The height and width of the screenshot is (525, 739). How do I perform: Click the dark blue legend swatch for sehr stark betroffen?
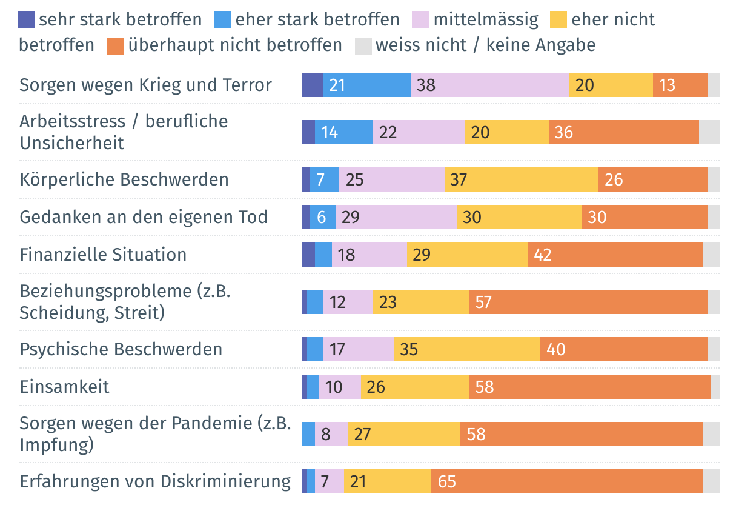(27, 19)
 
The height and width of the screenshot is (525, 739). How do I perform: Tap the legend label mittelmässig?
(486, 19)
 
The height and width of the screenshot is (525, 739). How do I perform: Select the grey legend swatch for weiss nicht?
(363, 45)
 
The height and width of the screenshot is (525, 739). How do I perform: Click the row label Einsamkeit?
(64, 387)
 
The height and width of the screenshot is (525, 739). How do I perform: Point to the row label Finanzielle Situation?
(103, 254)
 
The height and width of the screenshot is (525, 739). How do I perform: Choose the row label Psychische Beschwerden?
(121, 349)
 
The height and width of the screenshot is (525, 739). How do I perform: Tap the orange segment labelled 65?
(566, 481)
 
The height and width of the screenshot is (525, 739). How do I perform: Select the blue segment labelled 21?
(367, 85)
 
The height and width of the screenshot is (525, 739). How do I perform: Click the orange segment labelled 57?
(588, 302)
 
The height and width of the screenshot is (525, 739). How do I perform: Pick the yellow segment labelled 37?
(521, 179)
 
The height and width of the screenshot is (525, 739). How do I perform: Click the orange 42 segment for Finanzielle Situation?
(615, 254)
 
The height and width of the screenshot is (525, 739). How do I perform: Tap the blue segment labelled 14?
(344, 132)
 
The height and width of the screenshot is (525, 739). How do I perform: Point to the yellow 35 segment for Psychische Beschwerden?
(466, 349)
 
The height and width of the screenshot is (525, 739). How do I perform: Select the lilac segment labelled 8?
(331, 434)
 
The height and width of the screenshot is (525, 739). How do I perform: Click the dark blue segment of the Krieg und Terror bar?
(312, 85)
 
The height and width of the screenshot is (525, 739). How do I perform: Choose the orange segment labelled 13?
(680, 85)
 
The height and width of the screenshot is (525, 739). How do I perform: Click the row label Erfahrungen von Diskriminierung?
(155, 481)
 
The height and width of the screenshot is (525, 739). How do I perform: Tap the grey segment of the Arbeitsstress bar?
(709, 132)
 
